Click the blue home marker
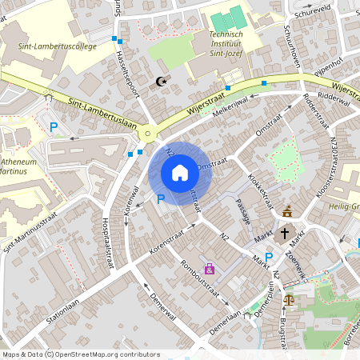click(179, 173)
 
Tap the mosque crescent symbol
click(161, 81)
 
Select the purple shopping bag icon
click(210, 270)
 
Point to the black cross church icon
click(284, 234)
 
